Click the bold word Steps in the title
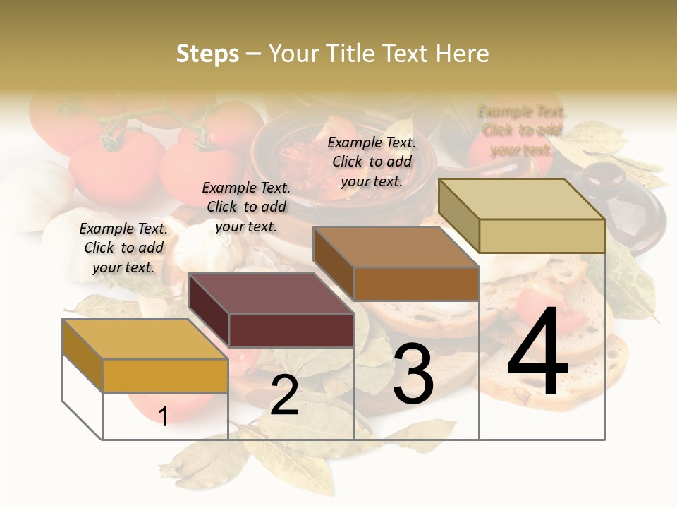click(x=207, y=54)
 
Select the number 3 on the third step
click(x=413, y=374)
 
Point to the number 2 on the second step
click(x=284, y=396)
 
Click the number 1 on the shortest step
click(x=164, y=416)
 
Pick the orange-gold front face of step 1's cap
click(x=165, y=375)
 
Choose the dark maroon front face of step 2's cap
click(x=291, y=330)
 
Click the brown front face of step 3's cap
click(x=416, y=284)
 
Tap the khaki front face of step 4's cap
click(x=542, y=236)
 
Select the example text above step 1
click(x=123, y=248)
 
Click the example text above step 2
click(x=246, y=207)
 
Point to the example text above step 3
click(x=372, y=162)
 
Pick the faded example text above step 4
click(x=522, y=131)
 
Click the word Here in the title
click(x=462, y=54)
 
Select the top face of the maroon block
click(x=271, y=294)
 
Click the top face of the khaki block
click(x=522, y=199)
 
